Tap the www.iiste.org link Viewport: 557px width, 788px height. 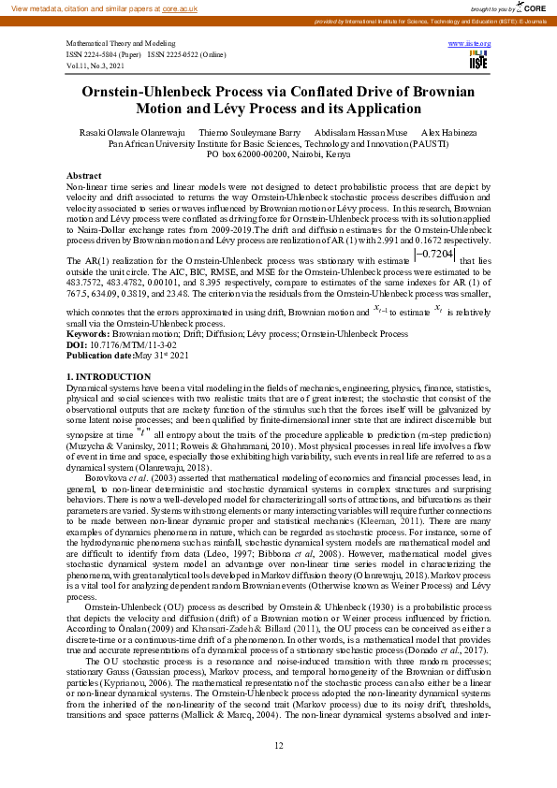[x=470, y=44]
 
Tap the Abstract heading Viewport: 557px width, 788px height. [x=84, y=176]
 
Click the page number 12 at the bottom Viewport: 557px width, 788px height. [x=278, y=745]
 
